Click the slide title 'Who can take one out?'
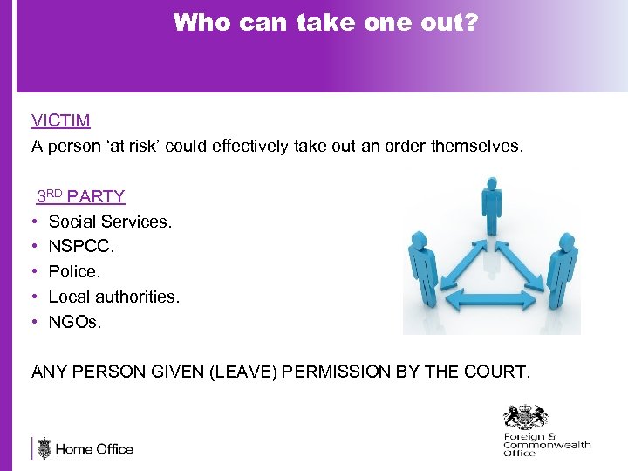tap(325, 23)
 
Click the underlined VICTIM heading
tap(61, 120)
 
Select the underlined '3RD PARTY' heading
tap(80, 196)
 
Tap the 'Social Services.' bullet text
tap(110, 222)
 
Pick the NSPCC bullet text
tap(81, 247)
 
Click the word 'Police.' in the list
tap(74, 272)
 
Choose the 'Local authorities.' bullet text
tap(113, 297)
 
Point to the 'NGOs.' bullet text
tap(75, 323)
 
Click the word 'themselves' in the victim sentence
tap(477, 146)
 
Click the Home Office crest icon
tap(44, 448)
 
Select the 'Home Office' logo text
tap(94, 450)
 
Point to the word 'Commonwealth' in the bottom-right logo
tap(547, 445)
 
